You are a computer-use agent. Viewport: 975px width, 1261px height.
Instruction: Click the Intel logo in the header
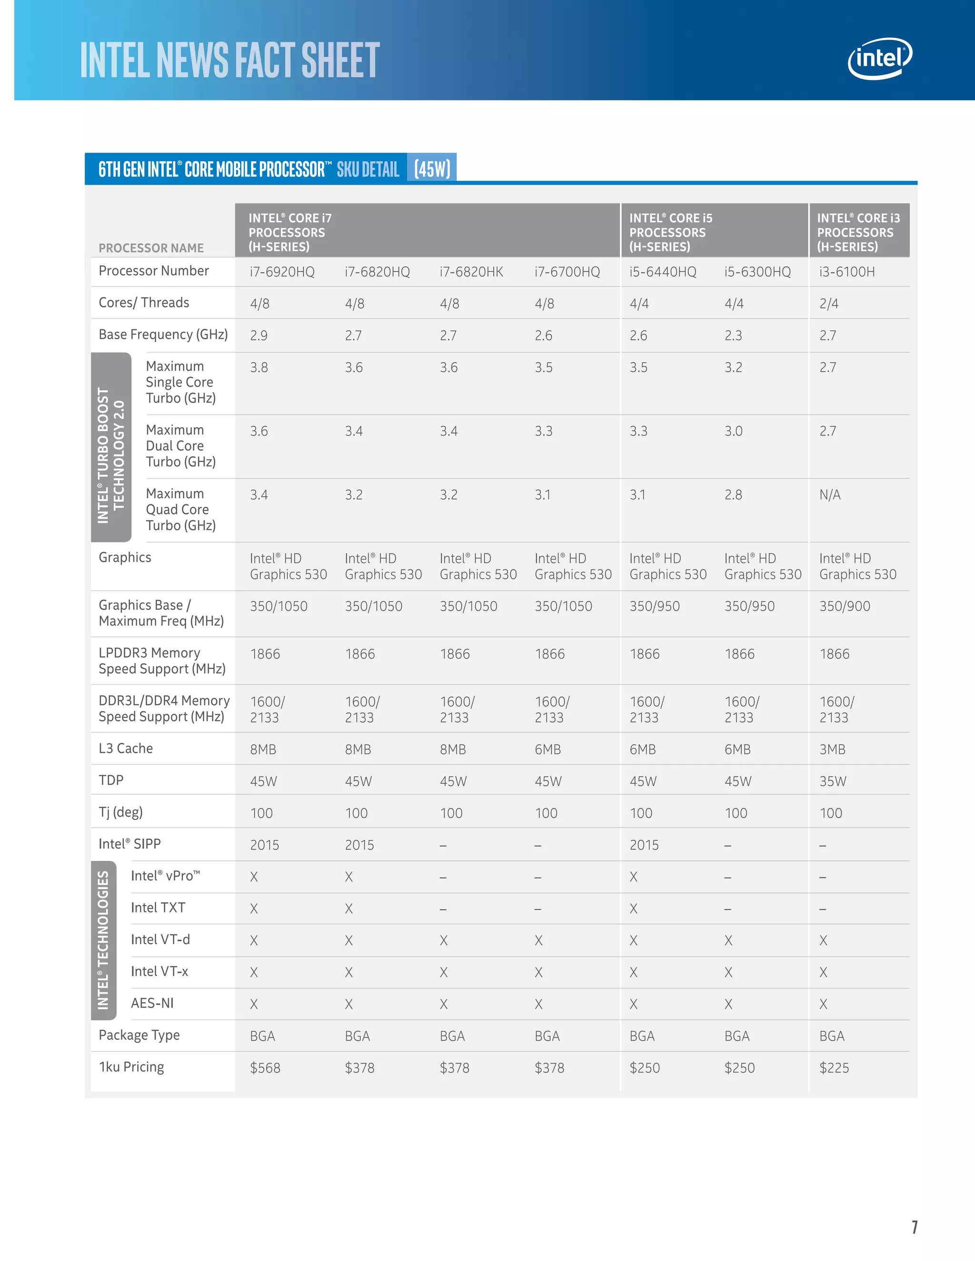pyautogui.click(x=879, y=59)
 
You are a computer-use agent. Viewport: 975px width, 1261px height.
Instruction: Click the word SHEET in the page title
pyautogui.click(x=340, y=60)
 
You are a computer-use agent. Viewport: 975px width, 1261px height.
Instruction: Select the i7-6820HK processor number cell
pyautogui.click(x=471, y=272)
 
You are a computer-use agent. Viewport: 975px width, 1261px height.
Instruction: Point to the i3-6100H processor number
pyautogui.click(x=847, y=272)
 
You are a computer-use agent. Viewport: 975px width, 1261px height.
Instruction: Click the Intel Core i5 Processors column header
pyautogui.click(x=671, y=232)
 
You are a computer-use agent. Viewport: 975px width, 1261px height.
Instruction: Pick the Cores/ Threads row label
pyautogui.click(x=144, y=303)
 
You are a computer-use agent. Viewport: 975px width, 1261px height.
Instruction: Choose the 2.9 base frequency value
pyautogui.click(x=259, y=335)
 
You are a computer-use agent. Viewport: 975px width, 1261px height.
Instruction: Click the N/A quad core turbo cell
pyautogui.click(x=830, y=495)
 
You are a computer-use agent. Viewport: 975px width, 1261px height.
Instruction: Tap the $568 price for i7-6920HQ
pyautogui.click(x=265, y=1068)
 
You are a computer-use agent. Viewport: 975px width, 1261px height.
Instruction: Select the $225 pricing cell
pyautogui.click(x=834, y=1068)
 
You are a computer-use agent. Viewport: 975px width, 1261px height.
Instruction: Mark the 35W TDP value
pyautogui.click(x=832, y=781)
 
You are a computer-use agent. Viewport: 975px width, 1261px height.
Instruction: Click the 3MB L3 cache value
pyautogui.click(x=832, y=749)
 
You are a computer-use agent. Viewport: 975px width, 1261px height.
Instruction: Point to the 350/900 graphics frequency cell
pyautogui.click(x=845, y=606)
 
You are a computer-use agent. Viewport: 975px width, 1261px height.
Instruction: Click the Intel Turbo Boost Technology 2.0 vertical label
pyautogui.click(x=111, y=447)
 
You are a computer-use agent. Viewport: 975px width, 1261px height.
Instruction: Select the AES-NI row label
pyautogui.click(x=152, y=1003)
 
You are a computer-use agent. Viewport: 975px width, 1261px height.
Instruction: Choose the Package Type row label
pyautogui.click(x=139, y=1034)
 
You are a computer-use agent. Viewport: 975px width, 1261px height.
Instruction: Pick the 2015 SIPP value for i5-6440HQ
pyautogui.click(x=644, y=845)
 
